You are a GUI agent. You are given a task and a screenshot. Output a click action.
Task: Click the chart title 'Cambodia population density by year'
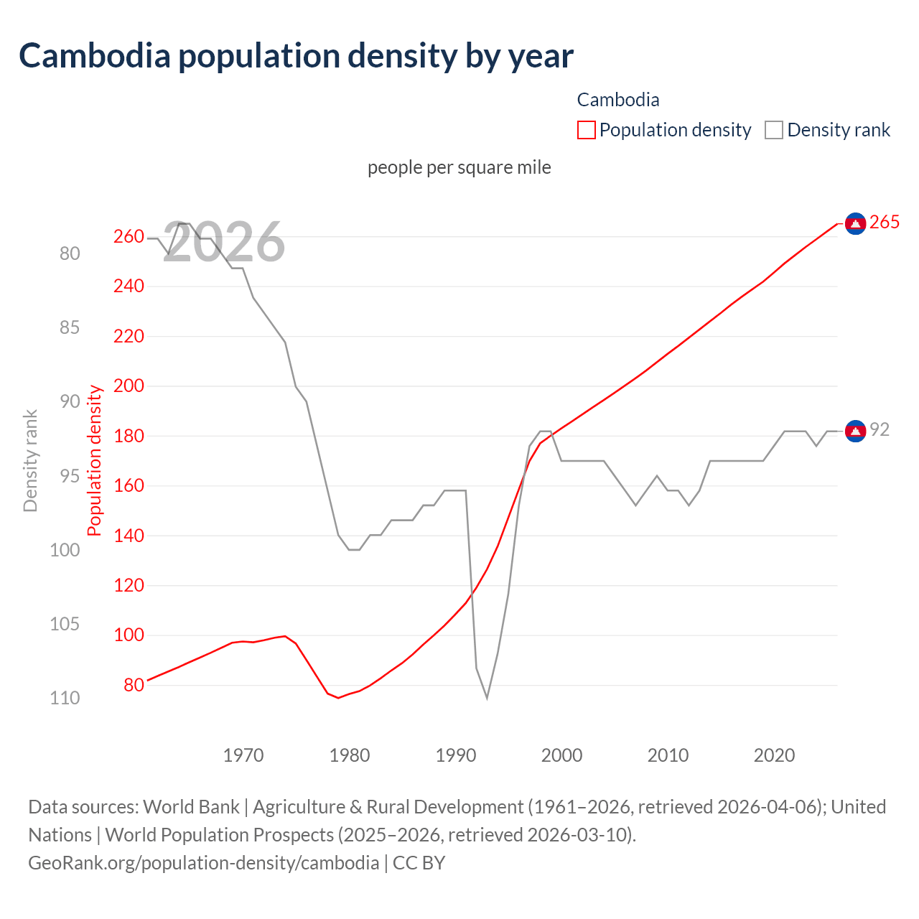coord(296,56)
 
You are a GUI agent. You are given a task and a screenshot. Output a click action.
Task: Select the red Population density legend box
coord(586,130)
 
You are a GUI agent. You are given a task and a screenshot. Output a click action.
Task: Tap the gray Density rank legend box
coord(773,130)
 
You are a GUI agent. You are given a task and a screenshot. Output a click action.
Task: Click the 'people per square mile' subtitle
coord(459,167)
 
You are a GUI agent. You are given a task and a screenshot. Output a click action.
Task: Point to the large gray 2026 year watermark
coord(224,242)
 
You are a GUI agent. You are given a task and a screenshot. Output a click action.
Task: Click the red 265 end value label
coord(884,223)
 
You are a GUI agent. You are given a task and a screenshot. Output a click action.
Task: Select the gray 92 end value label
coord(880,429)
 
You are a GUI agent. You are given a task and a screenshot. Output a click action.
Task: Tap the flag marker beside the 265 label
coord(855,224)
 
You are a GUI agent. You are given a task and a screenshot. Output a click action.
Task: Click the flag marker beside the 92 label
coord(855,431)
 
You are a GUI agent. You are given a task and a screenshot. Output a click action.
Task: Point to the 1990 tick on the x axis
coord(456,755)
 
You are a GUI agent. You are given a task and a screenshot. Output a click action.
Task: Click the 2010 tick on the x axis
coord(668,755)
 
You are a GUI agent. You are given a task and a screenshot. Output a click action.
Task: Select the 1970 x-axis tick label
coord(243,755)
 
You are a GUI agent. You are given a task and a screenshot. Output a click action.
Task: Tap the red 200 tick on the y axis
coord(129,386)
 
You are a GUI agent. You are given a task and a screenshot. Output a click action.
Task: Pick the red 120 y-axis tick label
coord(129,586)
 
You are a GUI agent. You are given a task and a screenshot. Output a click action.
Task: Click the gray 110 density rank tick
coord(65,698)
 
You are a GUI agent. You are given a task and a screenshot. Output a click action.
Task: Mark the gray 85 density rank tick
coord(70,327)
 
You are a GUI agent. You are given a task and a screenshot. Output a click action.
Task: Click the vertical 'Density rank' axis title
coord(30,460)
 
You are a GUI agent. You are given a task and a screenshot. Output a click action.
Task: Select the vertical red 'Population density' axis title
coord(95,460)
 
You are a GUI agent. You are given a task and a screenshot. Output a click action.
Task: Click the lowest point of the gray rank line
coord(487,698)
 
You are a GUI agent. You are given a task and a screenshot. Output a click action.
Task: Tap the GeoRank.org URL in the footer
coord(203,862)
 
